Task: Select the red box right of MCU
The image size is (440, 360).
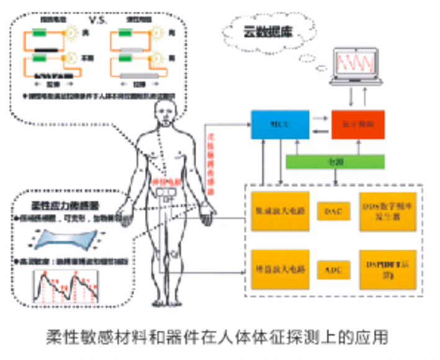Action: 357,125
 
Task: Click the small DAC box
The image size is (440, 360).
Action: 330,211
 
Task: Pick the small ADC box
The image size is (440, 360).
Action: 330,270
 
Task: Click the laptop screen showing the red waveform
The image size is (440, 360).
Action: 359,66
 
